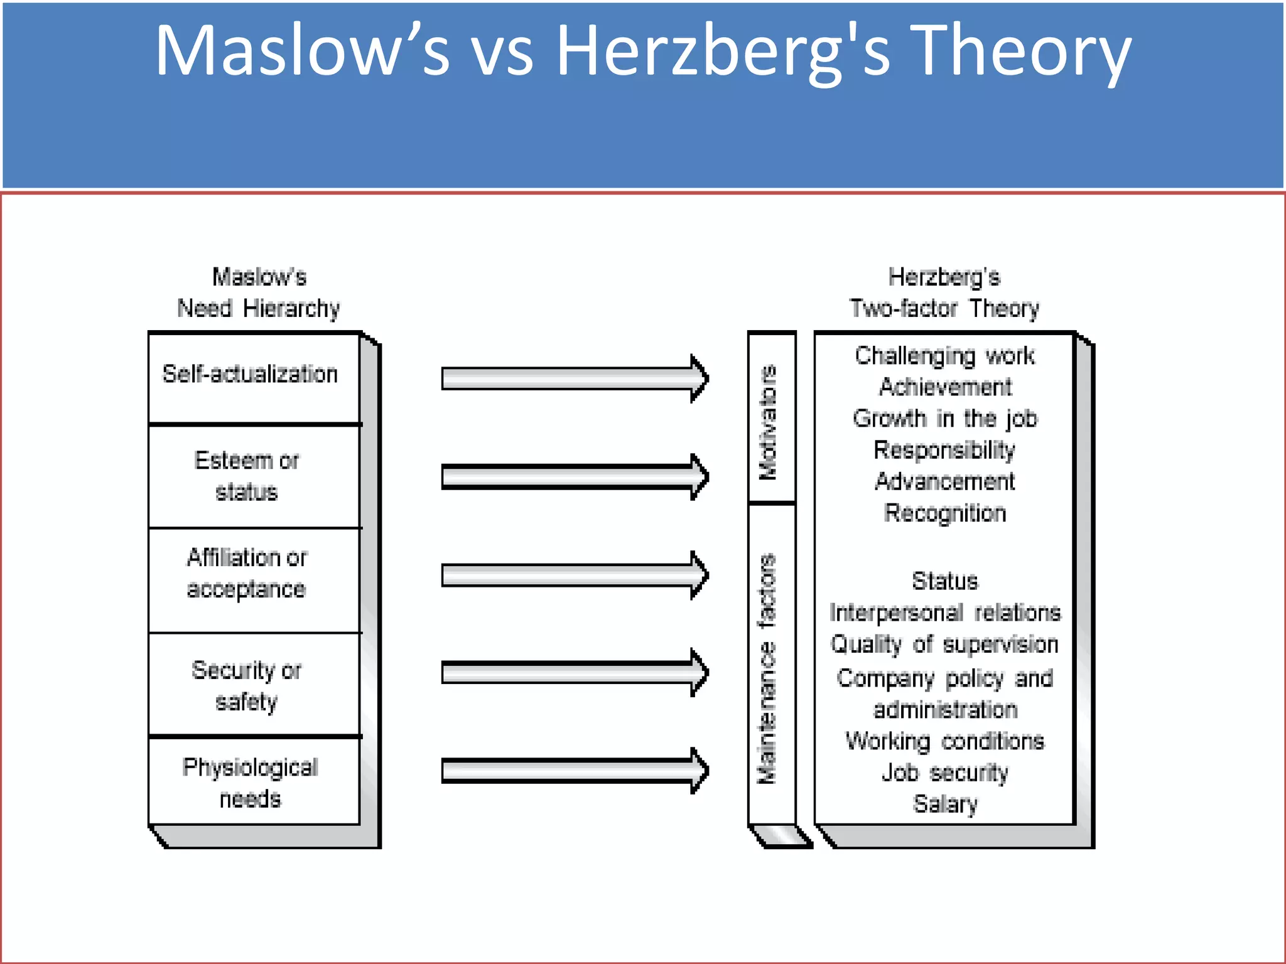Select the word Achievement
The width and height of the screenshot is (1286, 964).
pos(944,387)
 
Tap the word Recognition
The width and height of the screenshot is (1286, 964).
pos(944,513)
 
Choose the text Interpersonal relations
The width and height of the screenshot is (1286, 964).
pos(944,613)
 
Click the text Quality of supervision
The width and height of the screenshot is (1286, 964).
pos(944,645)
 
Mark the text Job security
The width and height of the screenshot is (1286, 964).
pos(944,773)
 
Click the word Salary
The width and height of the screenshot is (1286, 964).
pos(944,804)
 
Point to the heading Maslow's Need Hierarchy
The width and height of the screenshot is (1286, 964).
pos(259,293)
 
